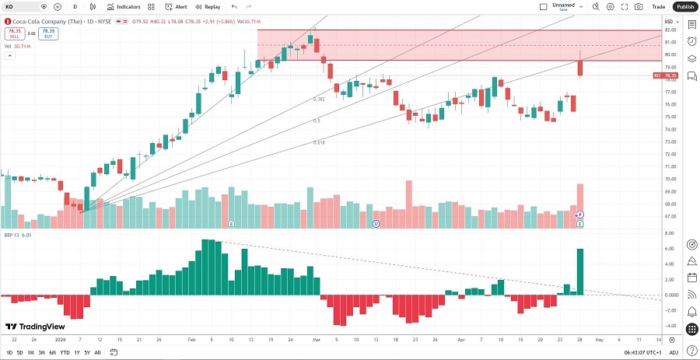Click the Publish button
[x=684, y=6]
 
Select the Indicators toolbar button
[x=124, y=6]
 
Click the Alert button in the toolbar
[x=176, y=6]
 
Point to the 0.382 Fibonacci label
[x=319, y=100]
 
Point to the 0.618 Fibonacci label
[x=319, y=143]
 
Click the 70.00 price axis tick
[x=669, y=179]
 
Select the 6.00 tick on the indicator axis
[x=668, y=249]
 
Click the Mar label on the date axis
[x=317, y=340]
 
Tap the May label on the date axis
[x=600, y=340]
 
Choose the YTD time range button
[x=65, y=353]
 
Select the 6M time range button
[x=52, y=353]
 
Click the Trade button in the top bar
[x=659, y=6]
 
